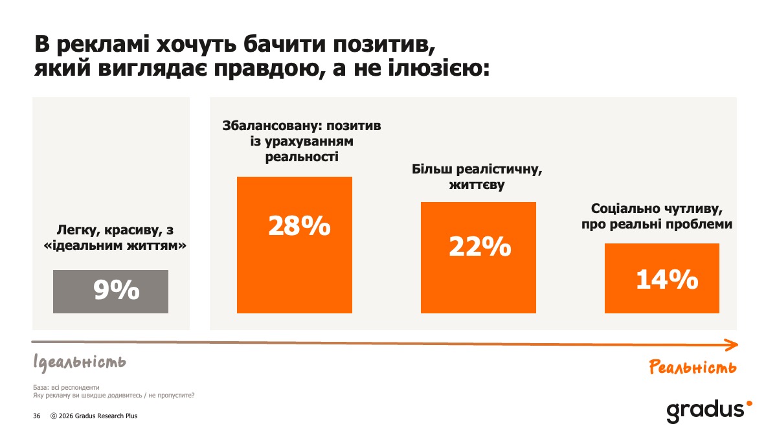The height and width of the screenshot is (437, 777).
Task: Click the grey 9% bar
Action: pyautogui.click(x=111, y=291)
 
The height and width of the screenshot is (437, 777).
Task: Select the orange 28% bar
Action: pyautogui.click(x=295, y=245)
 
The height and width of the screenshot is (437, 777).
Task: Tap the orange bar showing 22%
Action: pyautogui.click(x=479, y=258)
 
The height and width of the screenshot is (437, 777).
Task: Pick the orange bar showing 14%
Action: pyautogui.click(x=662, y=278)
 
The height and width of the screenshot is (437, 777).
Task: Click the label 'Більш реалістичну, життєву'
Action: pyautogui.click(x=477, y=177)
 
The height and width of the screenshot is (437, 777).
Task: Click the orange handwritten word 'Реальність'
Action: pyautogui.click(x=693, y=368)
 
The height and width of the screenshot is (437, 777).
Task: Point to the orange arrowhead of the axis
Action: pyautogui.click(x=732, y=344)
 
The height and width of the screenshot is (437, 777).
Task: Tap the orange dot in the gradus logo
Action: pyautogui.click(x=749, y=403)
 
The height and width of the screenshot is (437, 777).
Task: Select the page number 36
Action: pyautogui.click(x=37, y=416)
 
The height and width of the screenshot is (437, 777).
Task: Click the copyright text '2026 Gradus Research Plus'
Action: pyautogui.click(x=98, y=416)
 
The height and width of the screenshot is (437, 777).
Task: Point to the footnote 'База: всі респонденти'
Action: pyautogui.click(x=65, y=388)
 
